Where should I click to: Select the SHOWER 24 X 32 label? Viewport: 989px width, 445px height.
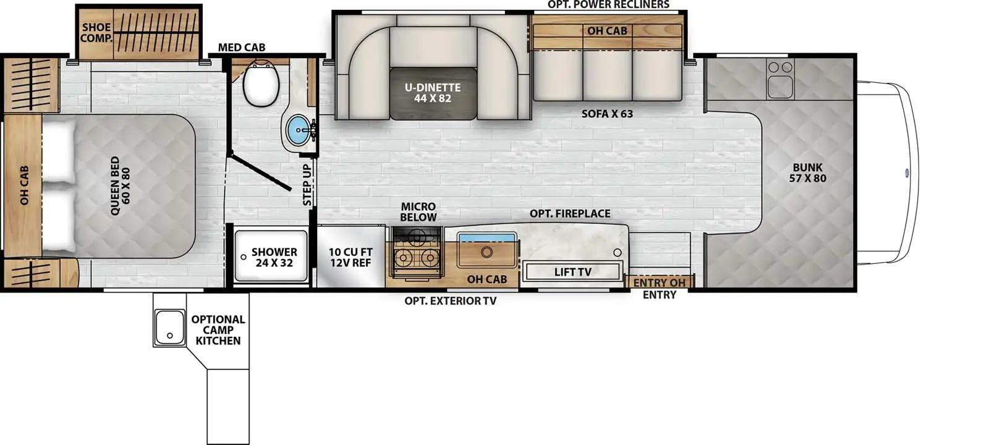pos(274,257)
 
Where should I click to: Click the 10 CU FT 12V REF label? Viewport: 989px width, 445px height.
pos(350,257)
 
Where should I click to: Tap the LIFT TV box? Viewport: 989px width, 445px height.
pos(572,272)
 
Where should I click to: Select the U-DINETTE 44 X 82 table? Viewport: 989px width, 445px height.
pos(433,93)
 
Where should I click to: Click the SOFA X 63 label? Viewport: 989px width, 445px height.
pos(607,114)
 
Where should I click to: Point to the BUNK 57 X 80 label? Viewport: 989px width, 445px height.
pos(807,172)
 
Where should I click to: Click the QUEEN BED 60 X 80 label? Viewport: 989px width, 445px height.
pos(121,186)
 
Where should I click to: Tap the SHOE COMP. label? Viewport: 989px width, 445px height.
pos(96,33)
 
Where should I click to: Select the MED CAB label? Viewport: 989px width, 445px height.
pos(242,48)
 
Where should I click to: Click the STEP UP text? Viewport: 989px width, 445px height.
pos(307,185)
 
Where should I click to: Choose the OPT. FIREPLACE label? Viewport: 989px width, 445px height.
pos(570,214)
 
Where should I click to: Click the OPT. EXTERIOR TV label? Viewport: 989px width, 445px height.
pos(450,301)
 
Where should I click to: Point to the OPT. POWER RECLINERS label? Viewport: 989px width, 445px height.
pos(608,5)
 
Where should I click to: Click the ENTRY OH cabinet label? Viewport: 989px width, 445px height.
pos(659,282)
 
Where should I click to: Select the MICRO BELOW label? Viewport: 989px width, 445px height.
pos(418,211)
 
